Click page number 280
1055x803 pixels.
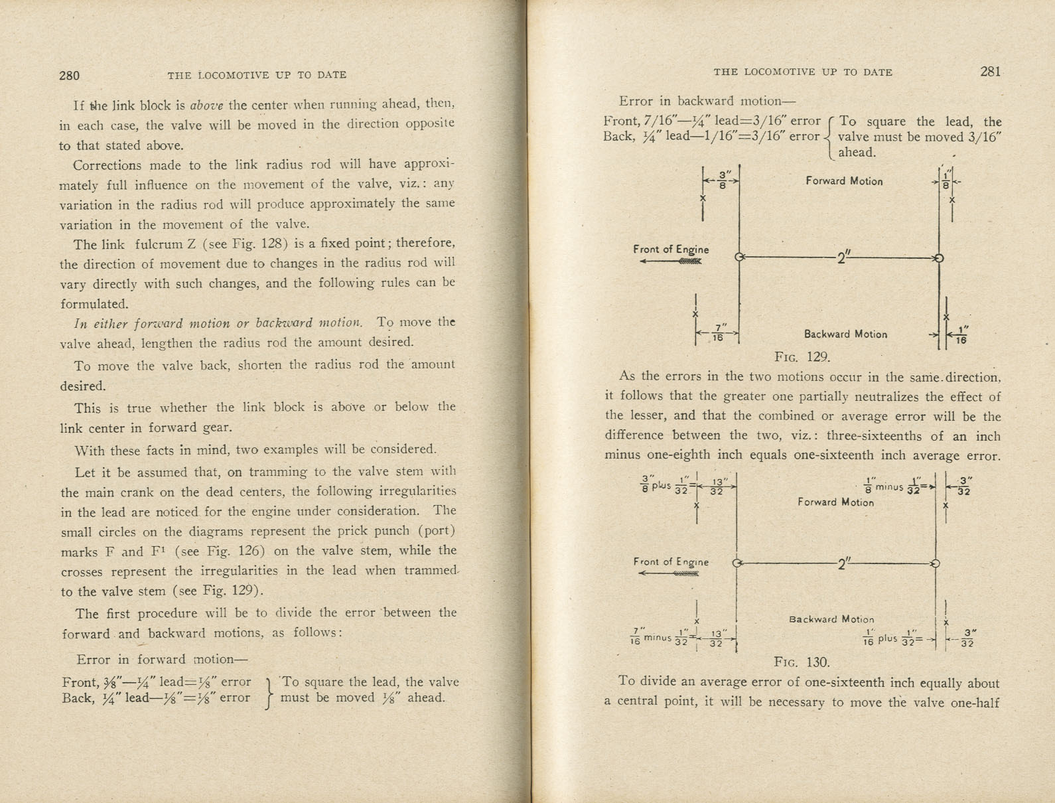(69, 75)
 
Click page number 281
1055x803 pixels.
(989, 72)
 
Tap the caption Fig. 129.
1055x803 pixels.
(803, 357)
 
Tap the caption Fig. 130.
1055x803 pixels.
(802, 662)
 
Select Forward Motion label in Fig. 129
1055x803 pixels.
(844, 181)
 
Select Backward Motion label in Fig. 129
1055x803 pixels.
(845, 334)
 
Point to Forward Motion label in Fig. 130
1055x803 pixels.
(835, 502)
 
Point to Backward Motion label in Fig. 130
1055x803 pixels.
(831, 619)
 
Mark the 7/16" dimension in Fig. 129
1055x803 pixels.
(717, 332)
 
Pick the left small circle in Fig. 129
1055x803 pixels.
(739, 257)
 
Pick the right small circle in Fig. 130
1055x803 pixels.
(936, 563)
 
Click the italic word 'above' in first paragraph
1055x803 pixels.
(208, 105)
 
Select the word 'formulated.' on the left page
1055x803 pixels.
(94, 304)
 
